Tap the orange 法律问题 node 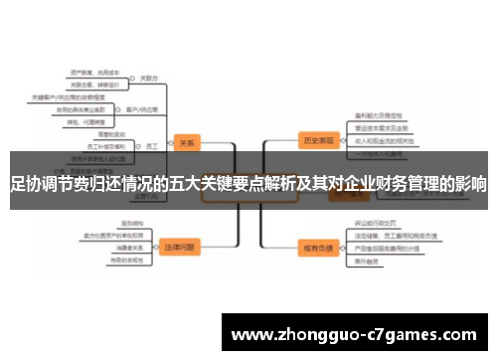[180, 244]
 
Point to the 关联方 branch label [149, 77]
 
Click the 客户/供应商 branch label [137, 109]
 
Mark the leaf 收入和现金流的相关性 [383, 141]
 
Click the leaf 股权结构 [132, 223]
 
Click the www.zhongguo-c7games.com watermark [355, 334]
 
